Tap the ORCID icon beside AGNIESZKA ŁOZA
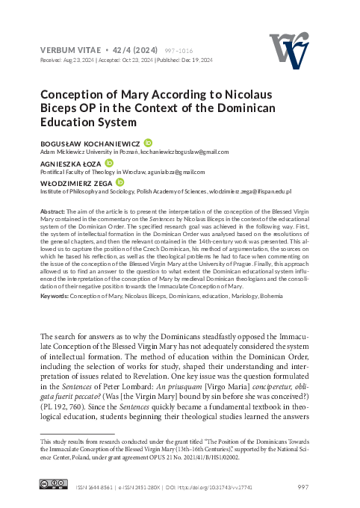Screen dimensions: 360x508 pos(110,163)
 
